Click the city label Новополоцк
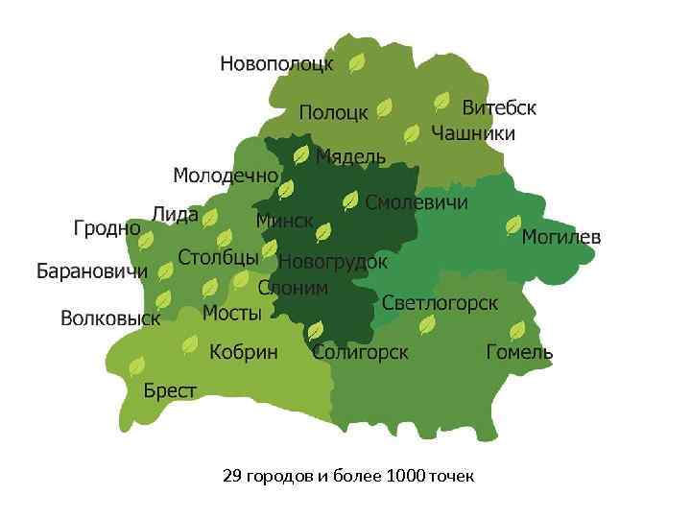point(276,64)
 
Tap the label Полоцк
point(334,112)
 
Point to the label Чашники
point(473,133)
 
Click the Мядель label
point(351,156)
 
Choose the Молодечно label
point(225,176)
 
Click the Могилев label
point(561,237)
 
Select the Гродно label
point(107,228)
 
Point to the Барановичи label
point(92,271)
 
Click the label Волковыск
point(110,317)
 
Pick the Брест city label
point(170,390)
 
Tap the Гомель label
point(519,352)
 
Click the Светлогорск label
point(441,303)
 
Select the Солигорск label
point(361,353)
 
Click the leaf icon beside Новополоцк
point(356,63)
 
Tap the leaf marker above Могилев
point(513,225)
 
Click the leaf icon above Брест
point(137,365)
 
